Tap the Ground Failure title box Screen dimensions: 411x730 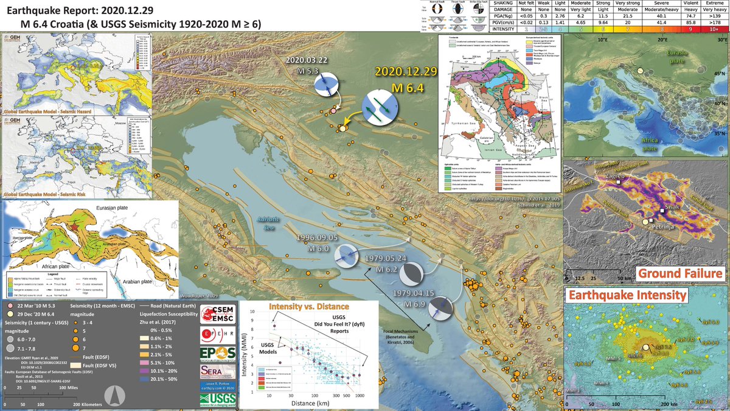(x=680, y=273)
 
